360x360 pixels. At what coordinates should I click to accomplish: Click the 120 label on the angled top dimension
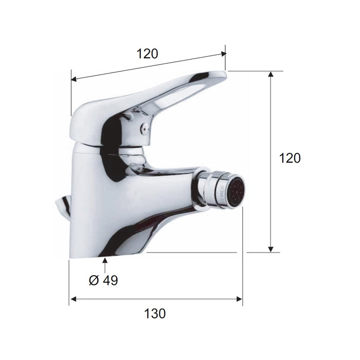click(x=147, y=53)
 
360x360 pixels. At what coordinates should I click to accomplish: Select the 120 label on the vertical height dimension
click(x=290, y=158)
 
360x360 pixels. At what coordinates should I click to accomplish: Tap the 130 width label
click(x=155, y=313)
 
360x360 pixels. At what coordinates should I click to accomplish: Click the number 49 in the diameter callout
click(x=110, y=280)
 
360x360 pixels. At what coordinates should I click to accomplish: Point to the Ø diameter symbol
click(x=93, y=280)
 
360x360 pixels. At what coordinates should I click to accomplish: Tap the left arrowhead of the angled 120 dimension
click(x=74, y=79)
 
